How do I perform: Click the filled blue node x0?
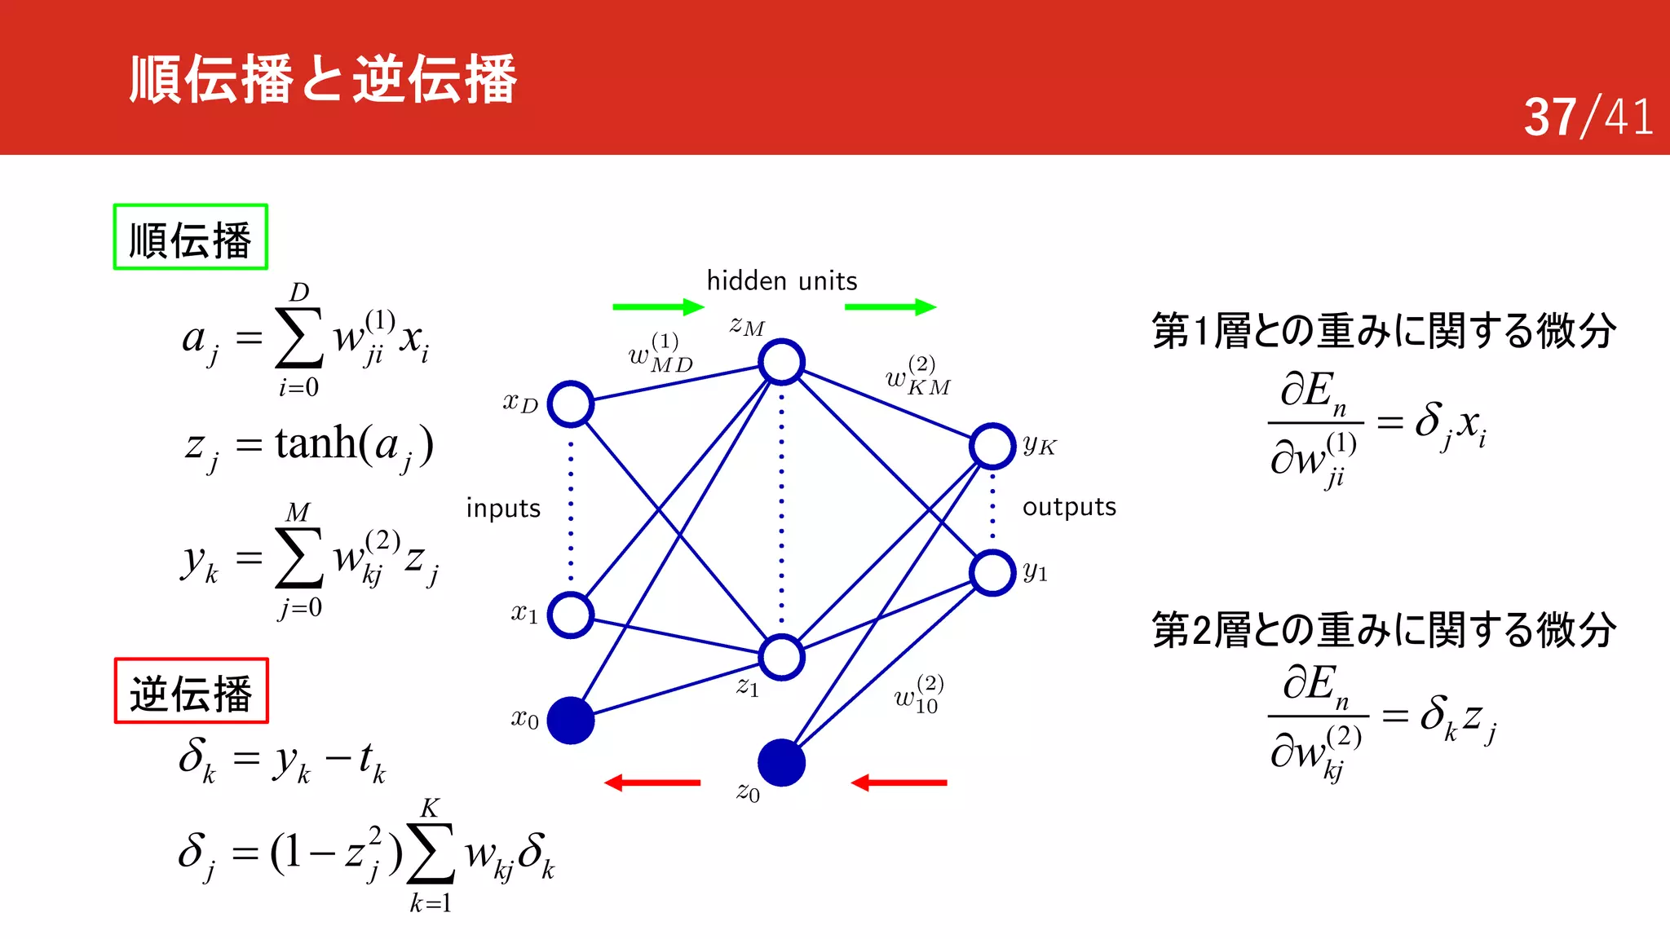pyautogui.click(x=570, y=721)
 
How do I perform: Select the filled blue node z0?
pyautogui.click(x=781, y=763)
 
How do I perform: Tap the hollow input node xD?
pyautogui.click(x=570, y=403)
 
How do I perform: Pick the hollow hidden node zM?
pyautogui.click(x=781, y=362)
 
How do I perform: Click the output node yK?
pyautogui.click(x=992, y=446)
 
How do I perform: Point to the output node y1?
pyautogui.click(x=992, y=572)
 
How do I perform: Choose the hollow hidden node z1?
pyautogui.click(x=781, y=657)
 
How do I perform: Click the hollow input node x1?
pyautogui.click(x=570, y=615)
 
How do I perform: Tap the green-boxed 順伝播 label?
pyautogui.click(x=190, y=237)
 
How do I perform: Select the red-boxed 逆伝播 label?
pyautogui.click(x=191, y=691)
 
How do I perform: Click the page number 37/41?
pyautogui.click(x=1588, y=117)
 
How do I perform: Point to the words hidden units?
pyautogui.click(x=781, y=281)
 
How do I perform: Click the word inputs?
pyautogui.click(x=503, y=509)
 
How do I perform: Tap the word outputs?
pyautogui.click(x=1069, y=507)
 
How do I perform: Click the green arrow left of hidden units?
pyautogui.click(x=657, y=306)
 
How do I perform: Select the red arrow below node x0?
pyautogui.click(x=652, y=782)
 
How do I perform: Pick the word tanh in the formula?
pyautogui.click(x=316, y=443)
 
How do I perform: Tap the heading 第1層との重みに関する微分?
pyautogui.click(x=1383, y=331)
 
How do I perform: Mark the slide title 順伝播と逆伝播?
pyautogui.click(x=323, y=79)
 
